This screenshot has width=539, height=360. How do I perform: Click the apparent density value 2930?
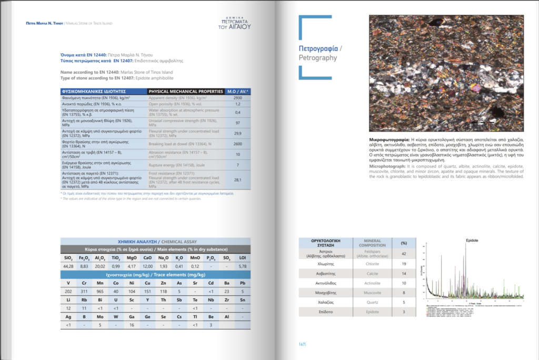tap(237, 97)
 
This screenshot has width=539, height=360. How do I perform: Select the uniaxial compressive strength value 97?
tap(237, 122)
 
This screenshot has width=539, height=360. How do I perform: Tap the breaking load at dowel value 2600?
tap(237, 144)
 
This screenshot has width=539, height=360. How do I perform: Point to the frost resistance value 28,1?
tap(237, 179)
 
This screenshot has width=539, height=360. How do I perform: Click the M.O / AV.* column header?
tap(237, 91)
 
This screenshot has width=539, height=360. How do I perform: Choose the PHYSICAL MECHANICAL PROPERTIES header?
tap(186, 91)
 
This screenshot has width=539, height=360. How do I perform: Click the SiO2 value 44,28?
tap(68, 267)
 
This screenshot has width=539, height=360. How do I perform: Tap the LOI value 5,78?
tap(243, 267)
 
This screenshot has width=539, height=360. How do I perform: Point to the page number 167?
tap(302, 344)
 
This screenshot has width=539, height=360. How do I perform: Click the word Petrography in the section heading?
tap(317, 57)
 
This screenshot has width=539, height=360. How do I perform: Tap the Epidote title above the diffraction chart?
tap(472, 241)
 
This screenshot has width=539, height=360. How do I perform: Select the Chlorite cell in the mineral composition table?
tap(373, 264)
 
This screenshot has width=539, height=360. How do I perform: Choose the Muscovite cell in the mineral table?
tap(373, 293)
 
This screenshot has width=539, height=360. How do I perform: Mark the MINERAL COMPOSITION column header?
tap(373, 244)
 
